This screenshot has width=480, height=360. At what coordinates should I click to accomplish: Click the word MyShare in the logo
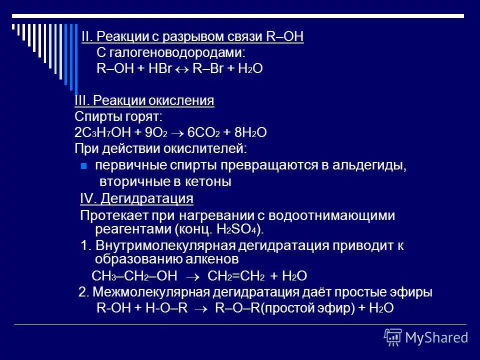point(436,337)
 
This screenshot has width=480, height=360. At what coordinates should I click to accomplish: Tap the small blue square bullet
point(84,167)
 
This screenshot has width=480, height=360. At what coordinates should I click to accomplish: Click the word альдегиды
point(375,166)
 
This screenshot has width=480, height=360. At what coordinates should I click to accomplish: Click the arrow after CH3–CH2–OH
point(192,276)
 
